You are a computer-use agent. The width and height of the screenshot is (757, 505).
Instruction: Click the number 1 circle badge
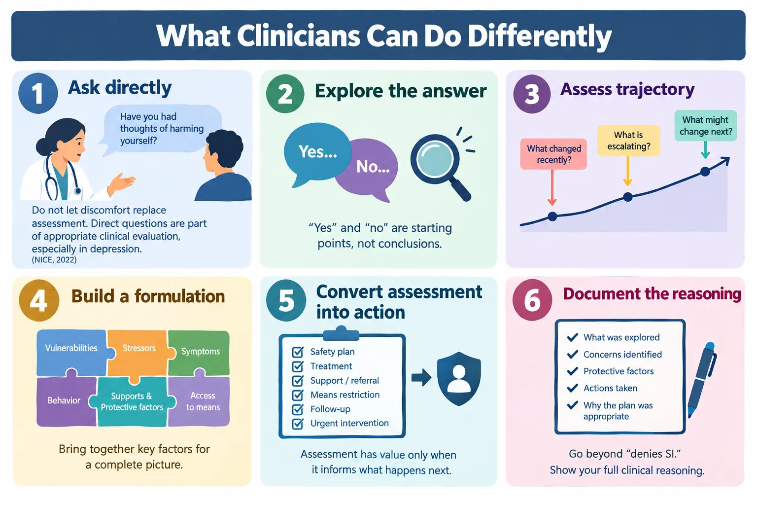pyautogui.click(x=38, y=93)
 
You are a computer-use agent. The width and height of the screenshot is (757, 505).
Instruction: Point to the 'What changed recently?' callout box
pyautogui.click(x=553, y=154)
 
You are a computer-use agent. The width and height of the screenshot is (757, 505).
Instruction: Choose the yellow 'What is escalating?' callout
pyautogui.click(x=628, y=141)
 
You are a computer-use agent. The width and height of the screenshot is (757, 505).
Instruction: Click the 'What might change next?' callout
pyautogui.click(x=706, y=125)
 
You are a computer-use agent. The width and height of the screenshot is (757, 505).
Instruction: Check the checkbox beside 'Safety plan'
pyautogui.click(x=298, y=352)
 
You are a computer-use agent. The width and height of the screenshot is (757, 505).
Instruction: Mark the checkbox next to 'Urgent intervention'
pyautogui.click(x=298, y=424)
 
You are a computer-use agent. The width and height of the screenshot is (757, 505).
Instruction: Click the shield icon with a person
pyautogui.click(x=459, y=378)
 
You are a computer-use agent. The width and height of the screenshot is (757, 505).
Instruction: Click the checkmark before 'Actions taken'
pyautogui.click(x=573, y=388)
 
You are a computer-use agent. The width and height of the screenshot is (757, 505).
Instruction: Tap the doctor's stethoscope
pyautogui.click(x=61, y=178)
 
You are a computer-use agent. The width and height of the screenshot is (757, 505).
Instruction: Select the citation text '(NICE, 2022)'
pyautogui.click(x=54, y=260)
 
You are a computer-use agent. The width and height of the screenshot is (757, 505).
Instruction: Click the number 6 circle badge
pyautogui.click(x=532, y=300)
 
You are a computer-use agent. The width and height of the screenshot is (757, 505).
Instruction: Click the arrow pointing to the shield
pyautogui.click(x=421, y=377)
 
